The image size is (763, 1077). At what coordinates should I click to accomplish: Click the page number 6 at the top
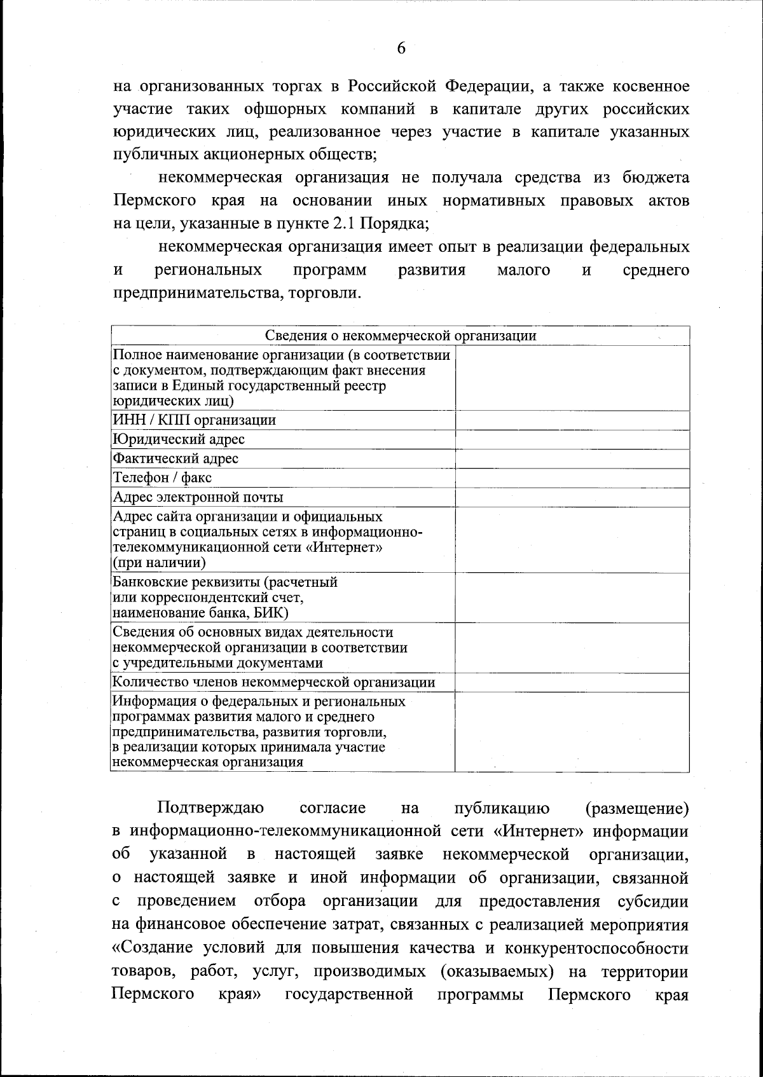[401, 49]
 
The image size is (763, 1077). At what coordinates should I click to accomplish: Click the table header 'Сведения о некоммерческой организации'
[400, 336]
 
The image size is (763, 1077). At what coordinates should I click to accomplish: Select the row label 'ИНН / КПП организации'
[194, 420]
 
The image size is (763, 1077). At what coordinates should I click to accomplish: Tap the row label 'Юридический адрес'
[179, 439]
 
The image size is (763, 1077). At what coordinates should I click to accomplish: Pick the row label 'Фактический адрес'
[175, 458]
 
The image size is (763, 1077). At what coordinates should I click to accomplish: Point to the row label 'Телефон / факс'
[162, 477]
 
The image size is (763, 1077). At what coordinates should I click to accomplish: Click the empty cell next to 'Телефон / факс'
[572, 478]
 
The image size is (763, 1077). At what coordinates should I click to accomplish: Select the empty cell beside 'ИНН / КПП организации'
[572, 420]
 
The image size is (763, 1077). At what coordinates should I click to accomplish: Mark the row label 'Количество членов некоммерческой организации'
[274, 682]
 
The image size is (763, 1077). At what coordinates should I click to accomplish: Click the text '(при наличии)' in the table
[159, 563]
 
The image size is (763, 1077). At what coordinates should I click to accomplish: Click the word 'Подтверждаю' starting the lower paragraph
[211, 808]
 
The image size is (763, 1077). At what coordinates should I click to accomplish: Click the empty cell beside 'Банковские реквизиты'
[572, 598]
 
